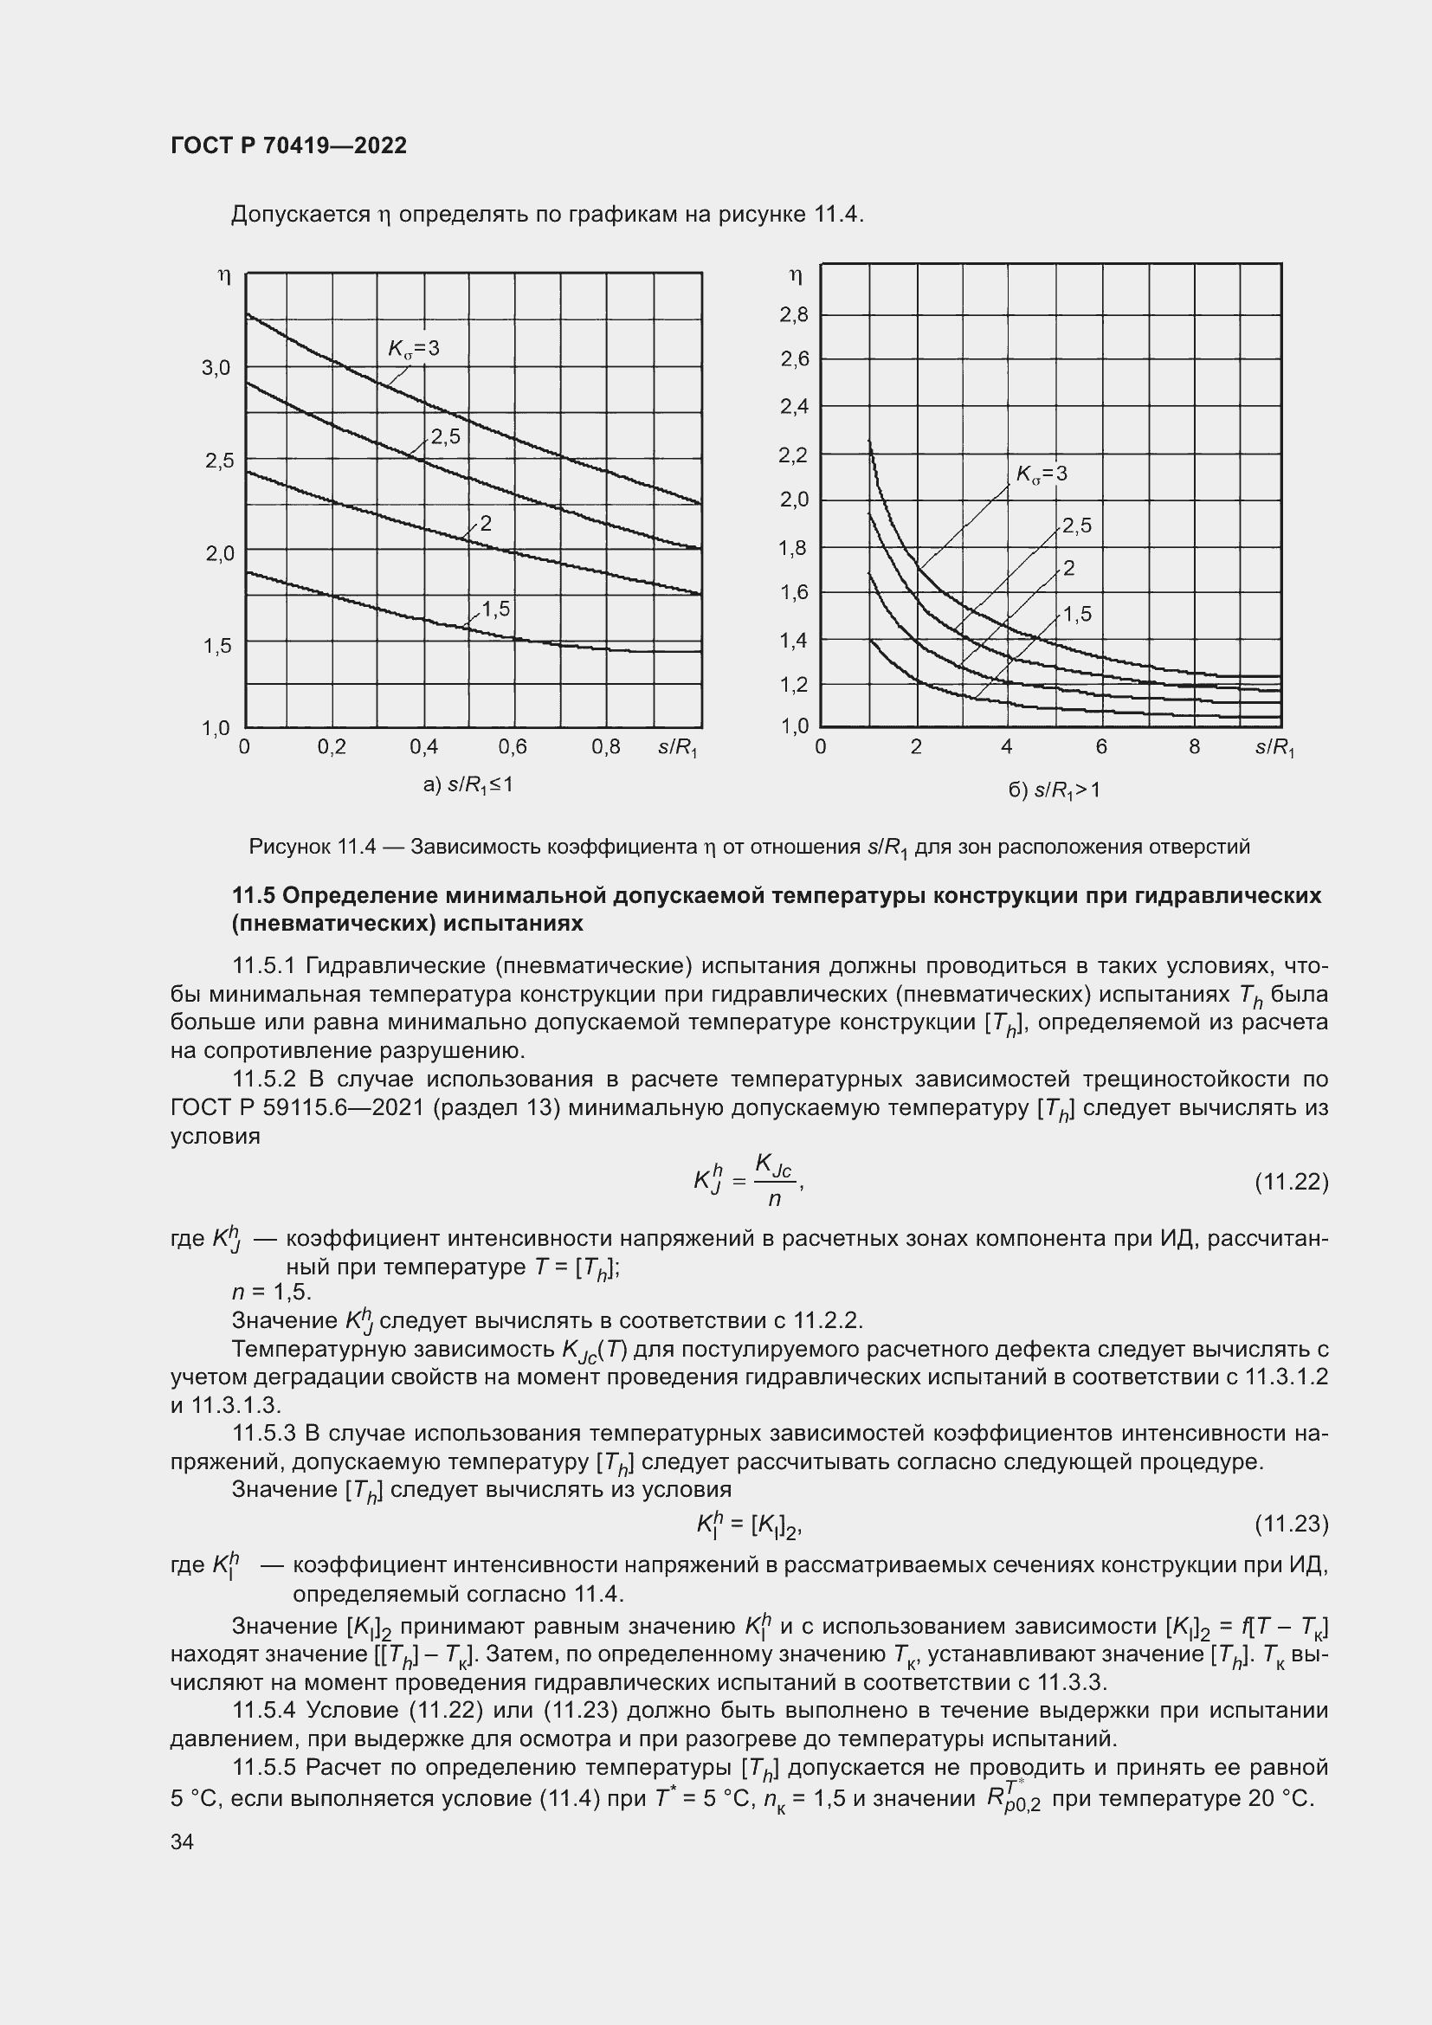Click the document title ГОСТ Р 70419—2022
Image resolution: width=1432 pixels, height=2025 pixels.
pyautogui.click(x=288, y=146)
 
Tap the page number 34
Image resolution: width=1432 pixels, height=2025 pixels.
pyautogui.click(x=182, y=1841)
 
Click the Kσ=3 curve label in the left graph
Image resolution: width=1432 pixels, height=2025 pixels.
pyautogui.click(x=414, y=348)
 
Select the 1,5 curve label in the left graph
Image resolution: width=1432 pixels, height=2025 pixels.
pyautogui.click(x=495, y=608)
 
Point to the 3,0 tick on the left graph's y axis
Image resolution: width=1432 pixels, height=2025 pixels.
pyautogui.click(x=216, y=368)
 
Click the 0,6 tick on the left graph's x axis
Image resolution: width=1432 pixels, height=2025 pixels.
pyautogui.click(x=513, y=747)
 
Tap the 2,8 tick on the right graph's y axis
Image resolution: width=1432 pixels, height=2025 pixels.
pyautogui.click(x=794, y=315)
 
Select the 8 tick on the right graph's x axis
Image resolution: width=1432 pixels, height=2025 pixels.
pyautogui.click(x=1194, y=747)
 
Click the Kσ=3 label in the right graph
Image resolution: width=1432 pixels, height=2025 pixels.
pyautogui.click(x=1042, y=474)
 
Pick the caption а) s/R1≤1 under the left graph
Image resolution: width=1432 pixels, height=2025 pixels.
pyautogui.click(x=468, y=784)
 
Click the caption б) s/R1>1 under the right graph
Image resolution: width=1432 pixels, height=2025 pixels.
pyautogui.click(x=1055, y=790)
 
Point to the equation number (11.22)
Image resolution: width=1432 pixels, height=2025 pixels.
pyautogui.click(x=1291, y=1181)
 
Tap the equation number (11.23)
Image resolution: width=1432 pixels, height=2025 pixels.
pyautogui.click(x=1291, y=1524)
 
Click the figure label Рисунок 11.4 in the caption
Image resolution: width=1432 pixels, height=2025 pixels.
pyautogui.click(x=313, y=848)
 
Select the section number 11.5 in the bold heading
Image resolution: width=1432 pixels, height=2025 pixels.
pyautogui.click(x=253, y=896)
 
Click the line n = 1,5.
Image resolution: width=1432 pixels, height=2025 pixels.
pyautogui.click(x=271, y=1292)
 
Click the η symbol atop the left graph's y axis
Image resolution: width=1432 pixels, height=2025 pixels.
pyautogui.click(x=224, y=277)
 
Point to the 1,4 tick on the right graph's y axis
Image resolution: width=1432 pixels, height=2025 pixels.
pyautogui.click(x=794, y=641)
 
